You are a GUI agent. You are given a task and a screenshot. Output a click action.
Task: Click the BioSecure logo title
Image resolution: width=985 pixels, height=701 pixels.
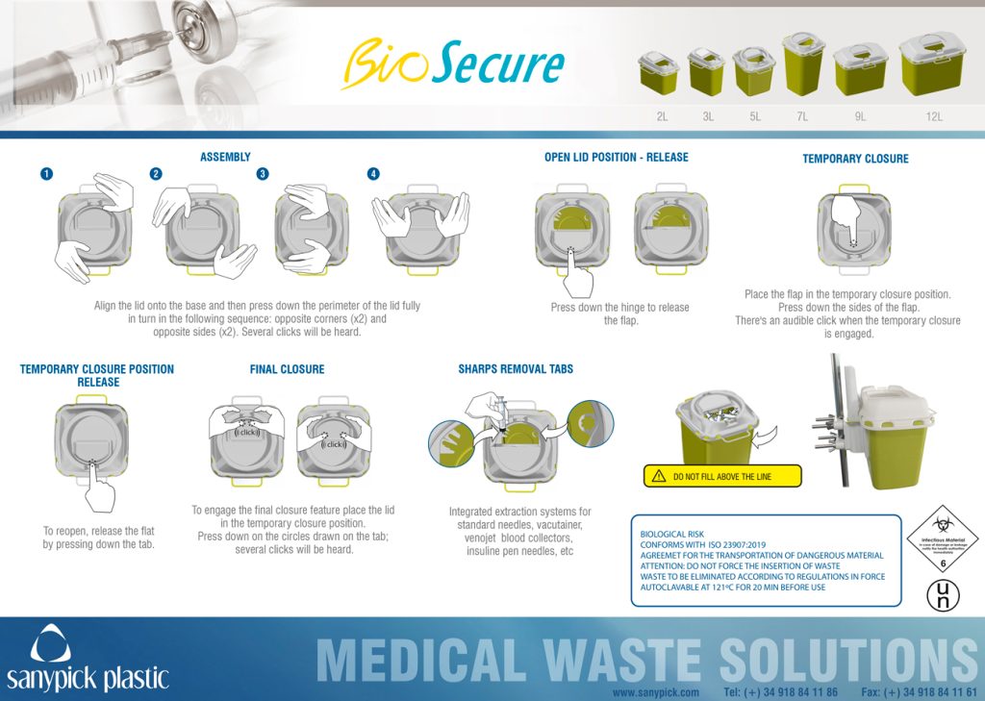pyautogui.click(x=452, y=63)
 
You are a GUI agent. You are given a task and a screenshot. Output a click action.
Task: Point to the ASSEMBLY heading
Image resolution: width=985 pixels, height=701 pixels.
pyautogui.click(x=225, y=157)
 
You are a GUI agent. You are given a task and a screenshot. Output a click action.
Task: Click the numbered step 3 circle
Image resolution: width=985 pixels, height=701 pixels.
pyautogui.click(x=262, y=174)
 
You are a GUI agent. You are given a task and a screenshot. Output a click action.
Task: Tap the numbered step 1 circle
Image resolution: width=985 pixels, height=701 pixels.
pyautogui.click(x=46, y=174)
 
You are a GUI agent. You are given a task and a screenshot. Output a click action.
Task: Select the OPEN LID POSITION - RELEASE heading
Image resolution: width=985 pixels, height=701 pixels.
pyautogui.click(x=616, y=157)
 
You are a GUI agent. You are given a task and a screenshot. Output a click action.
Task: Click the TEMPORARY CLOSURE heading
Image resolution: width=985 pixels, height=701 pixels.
pyautogui.click(x=855, y=159)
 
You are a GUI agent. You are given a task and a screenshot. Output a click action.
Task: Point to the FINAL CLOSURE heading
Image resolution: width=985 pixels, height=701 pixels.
pyautogui.click(x=287, y=369)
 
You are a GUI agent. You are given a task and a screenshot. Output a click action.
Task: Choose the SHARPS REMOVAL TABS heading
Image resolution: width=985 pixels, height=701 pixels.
pyautogui.click(x=516, y=369)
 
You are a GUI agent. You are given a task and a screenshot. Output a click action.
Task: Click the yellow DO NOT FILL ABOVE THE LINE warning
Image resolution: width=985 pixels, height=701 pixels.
pyautogui.click(x=721, y=476)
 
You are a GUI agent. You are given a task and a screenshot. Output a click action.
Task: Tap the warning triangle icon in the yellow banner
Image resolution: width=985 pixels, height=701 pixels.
pyautogui.click(x=658, y=476)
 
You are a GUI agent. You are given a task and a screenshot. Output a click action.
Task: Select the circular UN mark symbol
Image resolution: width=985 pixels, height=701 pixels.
pyautogui.click(x=943, y=593)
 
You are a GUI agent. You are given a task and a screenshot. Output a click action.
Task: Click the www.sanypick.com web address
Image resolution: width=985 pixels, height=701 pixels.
pyautogui.click(x=654, y=692)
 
